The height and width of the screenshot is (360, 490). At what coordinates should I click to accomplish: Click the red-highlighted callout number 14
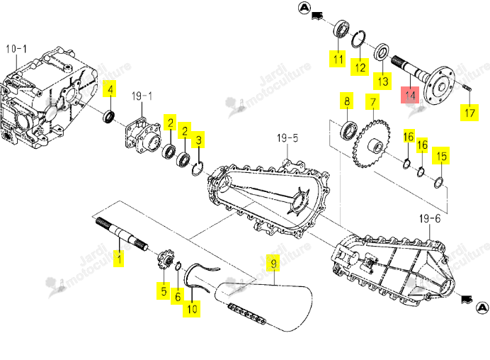click(x=410, y=95)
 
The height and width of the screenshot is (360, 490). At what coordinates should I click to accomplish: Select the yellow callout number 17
click(x=469, y=113)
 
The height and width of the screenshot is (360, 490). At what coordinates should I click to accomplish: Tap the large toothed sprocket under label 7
click(x=372, y=144)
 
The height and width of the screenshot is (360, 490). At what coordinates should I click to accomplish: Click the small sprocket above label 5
click(x=165, y=260)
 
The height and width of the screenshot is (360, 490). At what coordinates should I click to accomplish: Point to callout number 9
click(x=274, y=263)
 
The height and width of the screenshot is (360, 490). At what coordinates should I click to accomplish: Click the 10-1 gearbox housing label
click(x=16, y=49)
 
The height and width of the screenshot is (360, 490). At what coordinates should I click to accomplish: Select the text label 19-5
click(x=287, y=138)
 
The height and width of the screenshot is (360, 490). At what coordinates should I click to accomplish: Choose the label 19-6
click(x=430, y=219)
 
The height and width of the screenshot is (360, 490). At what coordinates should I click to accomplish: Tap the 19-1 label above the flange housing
click(x=142, y=96)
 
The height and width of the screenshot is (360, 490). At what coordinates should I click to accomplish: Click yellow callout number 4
click(x=110, y=89)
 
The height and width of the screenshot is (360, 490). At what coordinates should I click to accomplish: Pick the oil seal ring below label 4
click(x=109, y=117)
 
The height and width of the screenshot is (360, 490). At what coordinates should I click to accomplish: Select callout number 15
click(x=441, y=156)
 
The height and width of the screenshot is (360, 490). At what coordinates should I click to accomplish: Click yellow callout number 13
click(x=382, y=81)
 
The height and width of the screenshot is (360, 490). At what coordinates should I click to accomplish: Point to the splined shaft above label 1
click(x=122, y=234)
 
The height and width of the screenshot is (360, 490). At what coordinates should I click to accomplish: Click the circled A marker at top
click(x=304, y=8)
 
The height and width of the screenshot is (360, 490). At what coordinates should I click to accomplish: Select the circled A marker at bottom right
click(x=482, y=308)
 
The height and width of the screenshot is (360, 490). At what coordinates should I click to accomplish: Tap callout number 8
click(x=347, y=101)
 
